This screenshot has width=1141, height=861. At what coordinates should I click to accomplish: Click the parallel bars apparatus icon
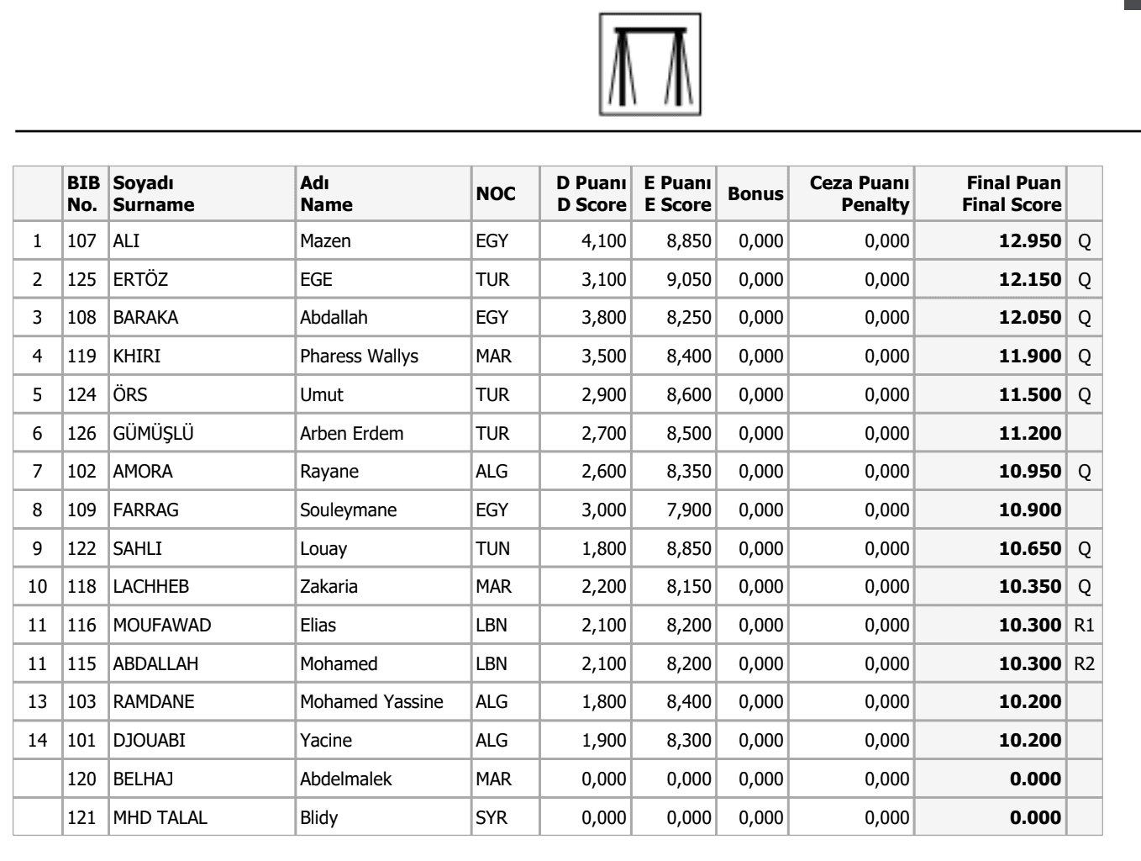point(649,64)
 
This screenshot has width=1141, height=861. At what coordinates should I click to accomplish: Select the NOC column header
point(496,194)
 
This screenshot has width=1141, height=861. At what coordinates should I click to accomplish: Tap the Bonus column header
point(755,194)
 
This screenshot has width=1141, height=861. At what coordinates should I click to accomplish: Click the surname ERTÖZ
point(140,280)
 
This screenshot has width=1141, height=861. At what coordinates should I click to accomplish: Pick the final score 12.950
point(1030,241)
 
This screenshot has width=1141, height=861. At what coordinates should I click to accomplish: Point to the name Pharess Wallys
point(359,357)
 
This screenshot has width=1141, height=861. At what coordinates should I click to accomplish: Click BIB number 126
point(82,434)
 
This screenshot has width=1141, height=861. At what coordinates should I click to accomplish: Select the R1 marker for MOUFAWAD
point(1084,626)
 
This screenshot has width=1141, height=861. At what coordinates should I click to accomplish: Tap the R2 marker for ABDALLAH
point(1084,664)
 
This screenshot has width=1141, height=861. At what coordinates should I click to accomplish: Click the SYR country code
point(492,818)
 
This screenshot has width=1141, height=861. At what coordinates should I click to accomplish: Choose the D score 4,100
point(603,241)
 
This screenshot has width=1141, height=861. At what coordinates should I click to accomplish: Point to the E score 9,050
point(689,280)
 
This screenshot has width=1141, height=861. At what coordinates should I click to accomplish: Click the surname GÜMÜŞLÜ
point(154,434)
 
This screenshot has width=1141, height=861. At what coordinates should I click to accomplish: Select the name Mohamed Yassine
point(371,702)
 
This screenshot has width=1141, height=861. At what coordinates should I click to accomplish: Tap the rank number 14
point(38,741)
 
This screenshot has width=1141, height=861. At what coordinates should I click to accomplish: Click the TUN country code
point(492,549)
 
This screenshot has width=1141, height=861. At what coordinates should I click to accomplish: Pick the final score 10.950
point(1030,472)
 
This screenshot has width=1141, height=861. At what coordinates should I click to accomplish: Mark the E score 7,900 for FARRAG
point(689,510)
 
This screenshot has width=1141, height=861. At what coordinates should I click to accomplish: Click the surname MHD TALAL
point(160,818)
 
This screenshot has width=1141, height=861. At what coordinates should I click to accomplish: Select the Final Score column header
point(1012,194)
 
